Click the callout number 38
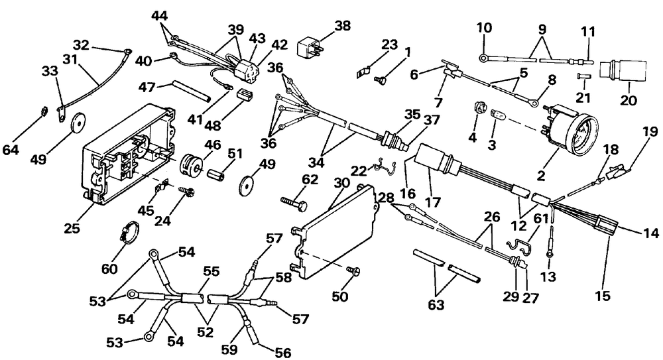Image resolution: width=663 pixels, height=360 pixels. point(343,27)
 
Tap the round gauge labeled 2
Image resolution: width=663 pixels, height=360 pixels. point(570,126)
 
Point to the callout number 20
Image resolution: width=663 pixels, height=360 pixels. point(629,100)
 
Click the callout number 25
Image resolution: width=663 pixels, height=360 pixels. point(72,229)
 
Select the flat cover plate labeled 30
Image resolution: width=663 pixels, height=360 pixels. point(334,232)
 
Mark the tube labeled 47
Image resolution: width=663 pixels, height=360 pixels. point(191,91)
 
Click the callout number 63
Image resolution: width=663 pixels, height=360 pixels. point(436,304)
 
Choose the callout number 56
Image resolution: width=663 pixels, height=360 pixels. point(283,352)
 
